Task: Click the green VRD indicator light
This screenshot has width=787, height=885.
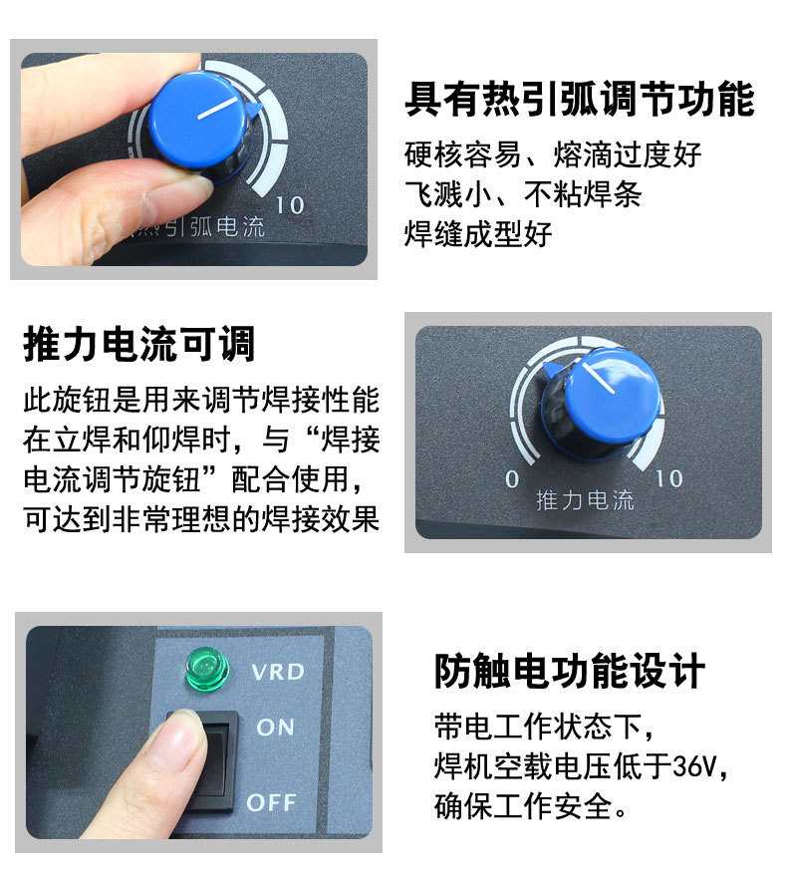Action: (x=207, y=670)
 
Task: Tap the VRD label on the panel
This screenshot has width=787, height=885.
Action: (x=278, y=672)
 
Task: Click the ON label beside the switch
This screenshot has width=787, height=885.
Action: (x=275, y=728)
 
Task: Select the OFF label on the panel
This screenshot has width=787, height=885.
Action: (x=271, y=802)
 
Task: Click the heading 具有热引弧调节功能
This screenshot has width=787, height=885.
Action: (x=580, y=99)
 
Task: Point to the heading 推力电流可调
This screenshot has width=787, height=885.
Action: (x=138, y=343)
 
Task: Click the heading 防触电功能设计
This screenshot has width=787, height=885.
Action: (x=570, y=671)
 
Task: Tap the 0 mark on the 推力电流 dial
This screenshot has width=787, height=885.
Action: (x=512, y=479)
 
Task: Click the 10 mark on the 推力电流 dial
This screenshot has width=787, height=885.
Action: (x=669, y=478)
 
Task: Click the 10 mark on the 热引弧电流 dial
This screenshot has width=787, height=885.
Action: (x=290, y=205)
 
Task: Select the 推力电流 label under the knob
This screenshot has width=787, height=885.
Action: (x=585, y=500)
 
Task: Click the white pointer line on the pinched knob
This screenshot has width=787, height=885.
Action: (x=218, y=108)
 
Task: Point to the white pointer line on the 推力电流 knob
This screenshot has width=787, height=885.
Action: (x=598, y=377)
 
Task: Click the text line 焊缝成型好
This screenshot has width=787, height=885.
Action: (x=478, y=234)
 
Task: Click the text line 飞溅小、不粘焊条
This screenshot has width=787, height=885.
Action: (x=523, y=194)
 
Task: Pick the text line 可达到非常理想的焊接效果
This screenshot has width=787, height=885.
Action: (x=201, y=518)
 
